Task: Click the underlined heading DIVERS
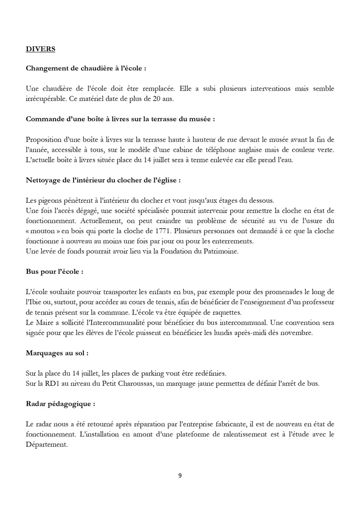pyautogui.click(x=40, y=49)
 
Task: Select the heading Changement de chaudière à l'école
pyautogui.click(x=86, y=68)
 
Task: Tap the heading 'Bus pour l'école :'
pyautogui.click(x=54, y=272)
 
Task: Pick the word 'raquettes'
pyautogui.click(x=228, y=312)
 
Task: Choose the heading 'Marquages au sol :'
pyautogui.click(x=57, y=353)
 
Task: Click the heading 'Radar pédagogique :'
pyautogui.click(x=60, y=404)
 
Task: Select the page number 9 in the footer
pyautogui.click(x=180, y=475)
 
